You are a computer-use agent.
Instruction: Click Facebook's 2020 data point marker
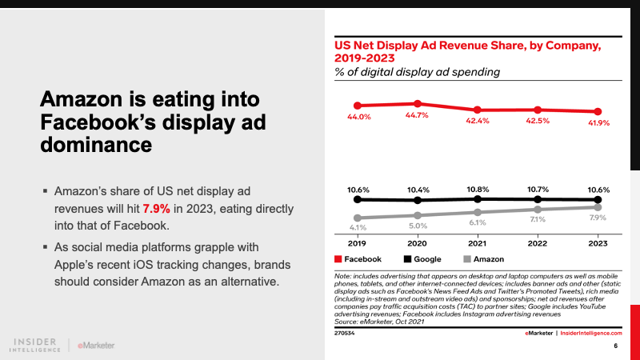(x=417, y=104)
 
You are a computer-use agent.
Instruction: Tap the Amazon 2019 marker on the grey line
(x=357, y=218)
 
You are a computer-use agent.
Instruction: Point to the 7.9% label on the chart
(x=597, y=218)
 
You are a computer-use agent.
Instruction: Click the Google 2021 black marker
(x=477, y=198)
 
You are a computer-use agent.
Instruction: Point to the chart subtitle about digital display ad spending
(x=418, y=72)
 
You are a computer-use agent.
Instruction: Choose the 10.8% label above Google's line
(x=477, y=190)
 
